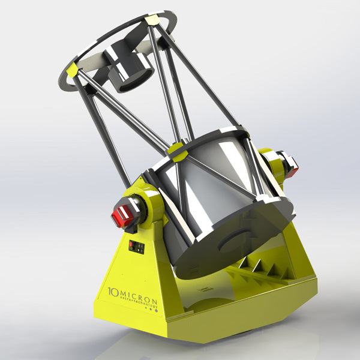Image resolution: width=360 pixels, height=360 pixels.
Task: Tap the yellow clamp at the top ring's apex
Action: (151, 20)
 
